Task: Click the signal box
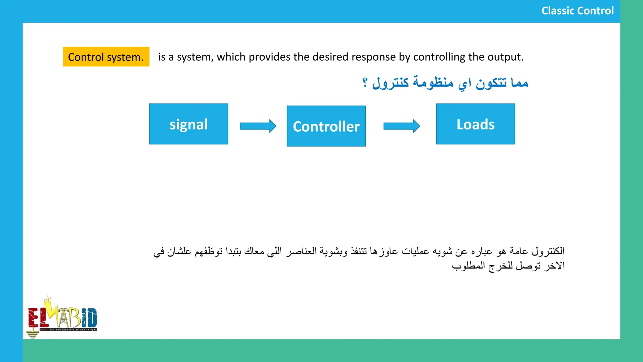(x=188, y=124)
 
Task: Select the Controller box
(x=326, y=126)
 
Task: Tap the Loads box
(x=475, y=124)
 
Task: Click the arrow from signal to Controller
(x=258, y=126)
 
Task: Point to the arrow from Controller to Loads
(x=402, y=126)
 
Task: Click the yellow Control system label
(x=106, y=57)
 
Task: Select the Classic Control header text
(x=577, y=11)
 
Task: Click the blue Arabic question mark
(x=365, y=83)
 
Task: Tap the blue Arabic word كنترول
(x=391, y=83)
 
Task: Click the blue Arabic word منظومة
(x=433, y=83)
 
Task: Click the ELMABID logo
(x=62, y=317)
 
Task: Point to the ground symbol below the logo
(x=32, y=334)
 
